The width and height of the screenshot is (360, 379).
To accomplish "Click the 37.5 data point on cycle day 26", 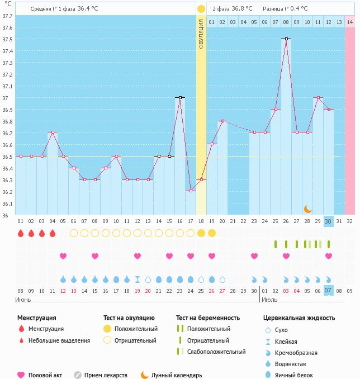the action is tap(286, 39).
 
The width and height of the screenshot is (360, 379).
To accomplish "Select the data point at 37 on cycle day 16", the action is tap(180, 97).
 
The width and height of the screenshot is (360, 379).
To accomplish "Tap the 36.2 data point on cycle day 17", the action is tap(191, 191).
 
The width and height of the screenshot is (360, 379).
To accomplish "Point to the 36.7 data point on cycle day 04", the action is tap(53, 132).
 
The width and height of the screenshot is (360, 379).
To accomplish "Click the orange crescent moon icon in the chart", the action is tap(308, 209).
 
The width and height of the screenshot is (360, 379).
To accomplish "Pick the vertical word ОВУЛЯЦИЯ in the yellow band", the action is tap(201, 34).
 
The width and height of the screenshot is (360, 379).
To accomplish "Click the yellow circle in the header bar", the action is tap(201, 9).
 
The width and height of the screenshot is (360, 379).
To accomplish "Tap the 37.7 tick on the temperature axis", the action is tap(7, 16).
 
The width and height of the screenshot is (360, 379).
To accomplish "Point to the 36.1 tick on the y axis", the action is tap(7, 204).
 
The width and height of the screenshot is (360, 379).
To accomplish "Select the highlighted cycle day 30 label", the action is tap(328, 221).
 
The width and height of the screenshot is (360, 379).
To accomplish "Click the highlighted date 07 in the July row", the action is tap(328, 291).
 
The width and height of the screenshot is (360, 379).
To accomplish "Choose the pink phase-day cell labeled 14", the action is tap(350, 22).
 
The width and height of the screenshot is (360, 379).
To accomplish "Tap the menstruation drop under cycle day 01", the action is tap(21, 233).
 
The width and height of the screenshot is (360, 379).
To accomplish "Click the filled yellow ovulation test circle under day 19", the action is tap(212, 233).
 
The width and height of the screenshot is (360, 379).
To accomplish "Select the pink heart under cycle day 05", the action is tap(63, 256).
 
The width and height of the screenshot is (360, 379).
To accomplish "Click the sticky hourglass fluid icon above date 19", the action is tap(138, 279).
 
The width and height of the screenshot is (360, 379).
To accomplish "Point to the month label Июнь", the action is tap(23, 300).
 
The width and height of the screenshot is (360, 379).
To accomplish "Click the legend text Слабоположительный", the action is tap(216, 352).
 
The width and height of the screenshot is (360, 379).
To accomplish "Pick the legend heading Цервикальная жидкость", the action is tap(299, 318).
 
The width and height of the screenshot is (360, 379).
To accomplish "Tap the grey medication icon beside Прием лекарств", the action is tap(78, 375).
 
